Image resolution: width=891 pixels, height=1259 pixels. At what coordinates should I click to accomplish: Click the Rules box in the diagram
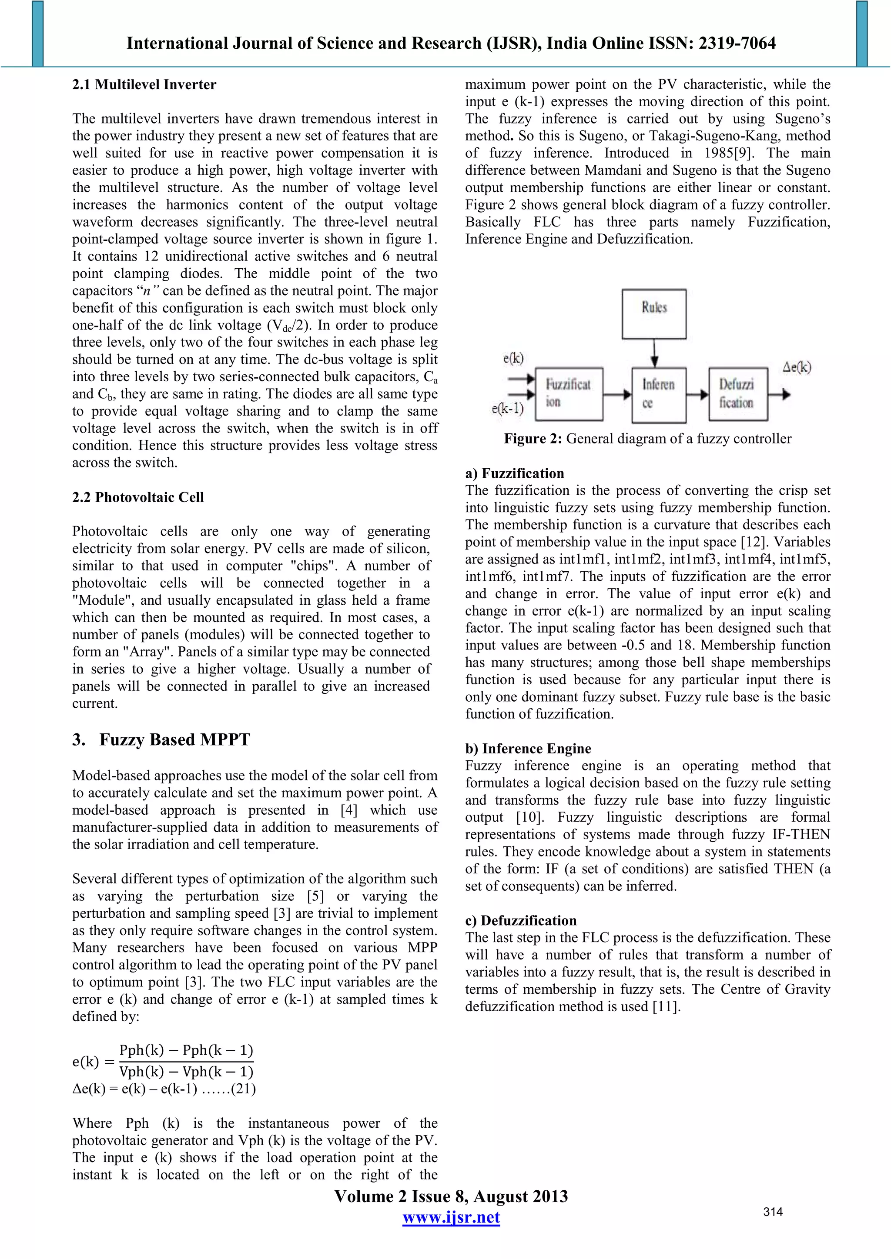point(653,313)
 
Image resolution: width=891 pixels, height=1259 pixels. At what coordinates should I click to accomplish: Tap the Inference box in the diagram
point(658,394)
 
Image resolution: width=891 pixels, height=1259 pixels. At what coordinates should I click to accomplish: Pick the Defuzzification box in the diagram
point(737,394)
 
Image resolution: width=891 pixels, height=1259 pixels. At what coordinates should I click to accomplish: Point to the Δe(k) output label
point(796,367)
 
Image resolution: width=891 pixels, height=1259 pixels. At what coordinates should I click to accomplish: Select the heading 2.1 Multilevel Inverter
point(144,84)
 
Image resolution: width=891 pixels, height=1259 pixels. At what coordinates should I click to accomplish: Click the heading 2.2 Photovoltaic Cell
point(138,497)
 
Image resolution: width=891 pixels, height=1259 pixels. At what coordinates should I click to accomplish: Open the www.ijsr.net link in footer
point(451,1217)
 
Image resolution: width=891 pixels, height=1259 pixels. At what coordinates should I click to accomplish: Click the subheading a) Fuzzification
point(514,473)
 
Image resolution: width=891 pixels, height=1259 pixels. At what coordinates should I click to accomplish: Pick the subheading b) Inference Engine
point(528,749)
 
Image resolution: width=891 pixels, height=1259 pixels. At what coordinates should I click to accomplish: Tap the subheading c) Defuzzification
point(521,921)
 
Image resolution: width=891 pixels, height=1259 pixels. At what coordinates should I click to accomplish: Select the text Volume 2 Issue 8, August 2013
point(451,1196)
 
